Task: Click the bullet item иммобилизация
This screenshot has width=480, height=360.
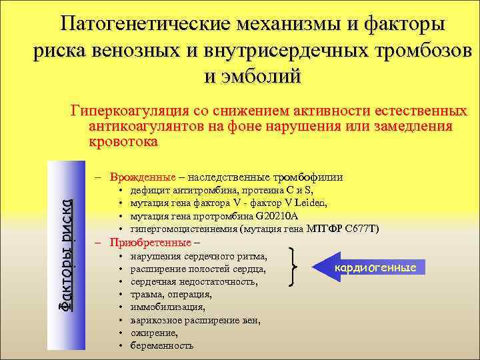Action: (x=167, y=307)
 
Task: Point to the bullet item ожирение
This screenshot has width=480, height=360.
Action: (x=154, y=333)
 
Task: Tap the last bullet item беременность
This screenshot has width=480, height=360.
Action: (x=162, y=345)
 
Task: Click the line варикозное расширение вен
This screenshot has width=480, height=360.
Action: (x=195, y=320)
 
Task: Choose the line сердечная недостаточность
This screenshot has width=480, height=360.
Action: (x=193, y=281)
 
